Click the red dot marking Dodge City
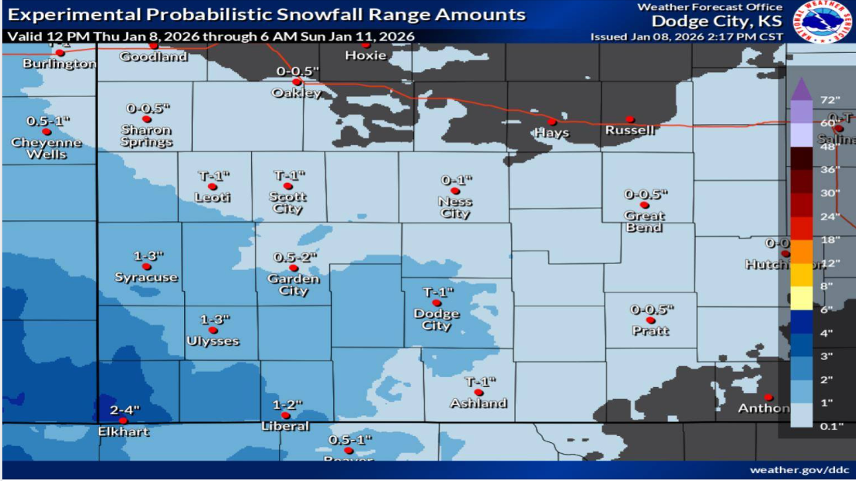437,303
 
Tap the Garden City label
293,285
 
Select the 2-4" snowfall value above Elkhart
124,410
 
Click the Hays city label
552,133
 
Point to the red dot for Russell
630,120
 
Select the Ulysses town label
213,341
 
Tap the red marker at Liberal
286,416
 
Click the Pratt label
650,330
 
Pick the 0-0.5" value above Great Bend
646,194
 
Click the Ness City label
455,207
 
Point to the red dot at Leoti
212,187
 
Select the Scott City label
287,202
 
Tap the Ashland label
478,403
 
